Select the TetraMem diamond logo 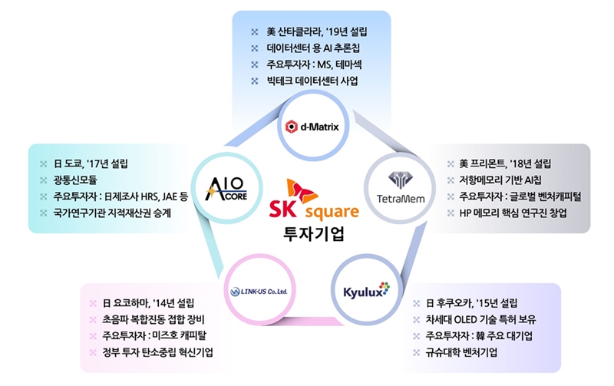(x=400, y=180)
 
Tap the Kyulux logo (x=367, y=291)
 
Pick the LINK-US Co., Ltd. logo (x=259, y=292)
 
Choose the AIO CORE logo (x=226, y=189)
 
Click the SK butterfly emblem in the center (x=302, y=191)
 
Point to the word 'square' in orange (x=332, y=211)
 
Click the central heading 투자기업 (x=314, y=234)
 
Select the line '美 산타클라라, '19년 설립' (x=317, y=31)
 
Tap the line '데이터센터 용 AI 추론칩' (x=313, y=48)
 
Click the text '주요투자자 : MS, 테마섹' (x=314, y=64)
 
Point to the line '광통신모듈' (x=75, y=180)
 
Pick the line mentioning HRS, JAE (x=120, y=196)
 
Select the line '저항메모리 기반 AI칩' (x=500, y=180)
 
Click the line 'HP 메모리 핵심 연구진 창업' (x=513, y=213)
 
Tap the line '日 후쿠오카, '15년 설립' (x=471, y=303)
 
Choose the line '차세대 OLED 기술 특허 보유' (x=481, y=319)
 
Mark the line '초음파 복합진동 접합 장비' (x=153, y=319)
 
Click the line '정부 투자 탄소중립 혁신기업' (x=158, y=352)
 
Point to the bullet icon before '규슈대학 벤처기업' (x=416, y=353)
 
